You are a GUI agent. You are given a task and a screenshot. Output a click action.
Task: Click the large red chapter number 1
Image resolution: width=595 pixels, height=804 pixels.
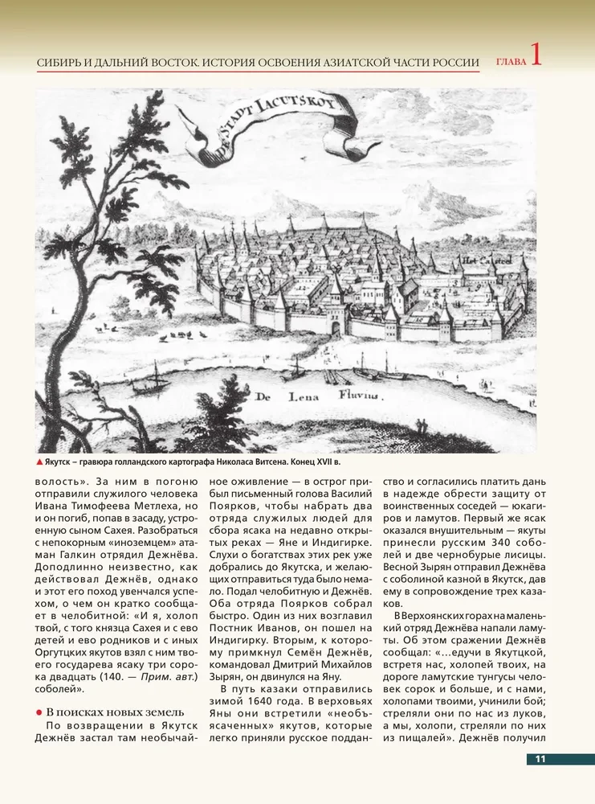coord(536,56)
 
